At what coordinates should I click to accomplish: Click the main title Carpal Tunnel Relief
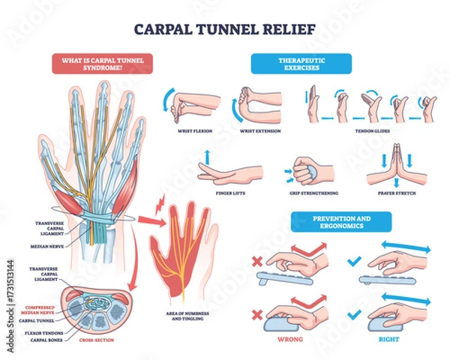(x=225, y=32)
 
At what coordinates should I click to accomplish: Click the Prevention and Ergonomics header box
(x=341, y=222)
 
